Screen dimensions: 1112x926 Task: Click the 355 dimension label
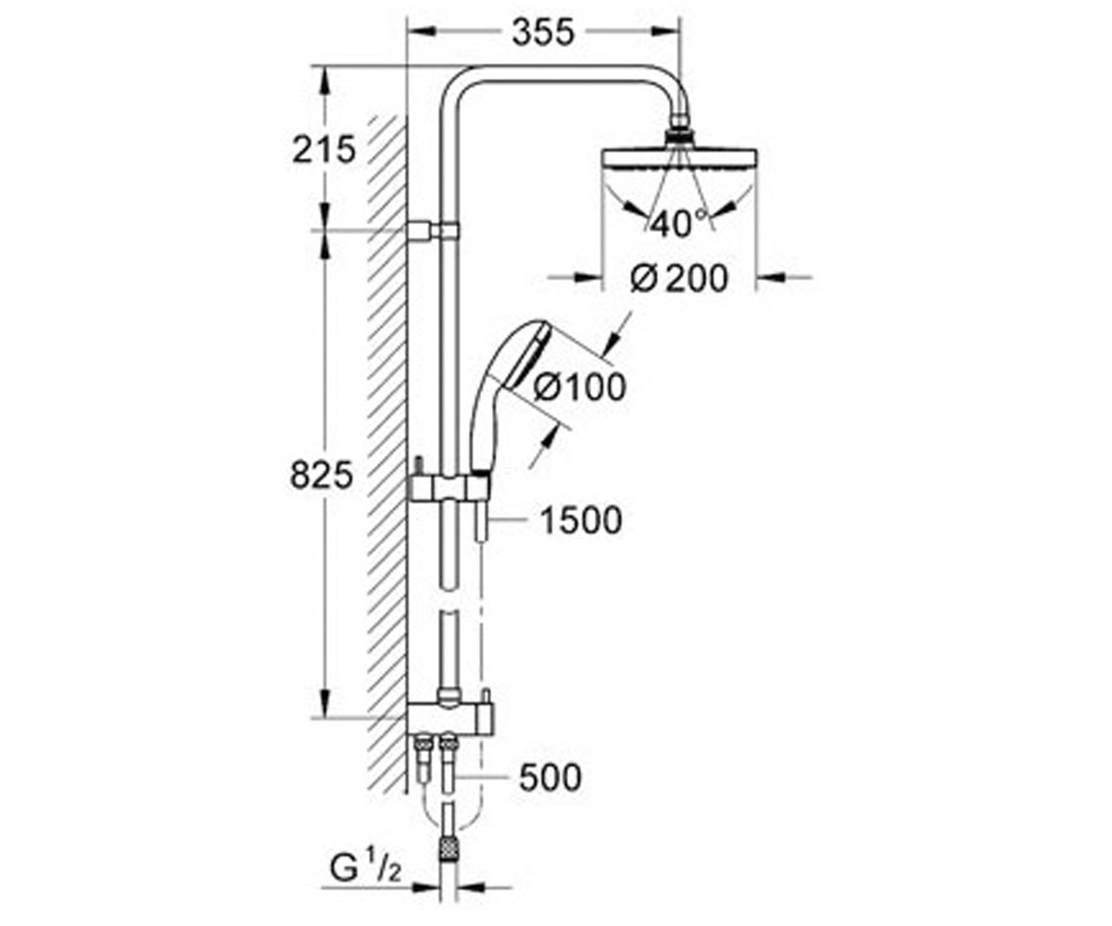543,32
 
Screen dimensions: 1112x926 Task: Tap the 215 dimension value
323,149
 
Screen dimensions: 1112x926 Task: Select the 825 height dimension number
322,475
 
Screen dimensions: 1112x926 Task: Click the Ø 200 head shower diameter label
679,279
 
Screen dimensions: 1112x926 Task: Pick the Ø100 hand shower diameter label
579,387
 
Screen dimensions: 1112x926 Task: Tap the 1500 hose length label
581,519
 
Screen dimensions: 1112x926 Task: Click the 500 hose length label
550,778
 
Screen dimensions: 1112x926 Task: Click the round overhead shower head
679,162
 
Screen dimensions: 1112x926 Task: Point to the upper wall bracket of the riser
433,230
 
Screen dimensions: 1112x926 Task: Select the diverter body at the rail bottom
450,717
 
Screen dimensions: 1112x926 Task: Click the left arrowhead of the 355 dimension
421,31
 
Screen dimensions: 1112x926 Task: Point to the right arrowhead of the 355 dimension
665,31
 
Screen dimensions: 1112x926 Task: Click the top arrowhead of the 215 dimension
323,80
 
